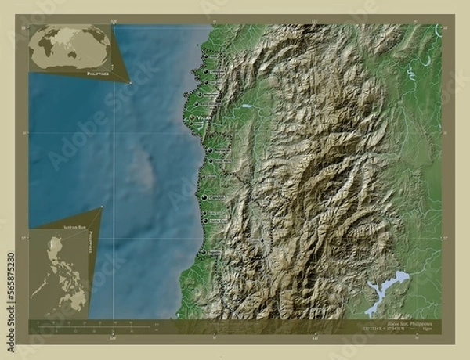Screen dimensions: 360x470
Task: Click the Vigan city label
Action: [203, 117]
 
